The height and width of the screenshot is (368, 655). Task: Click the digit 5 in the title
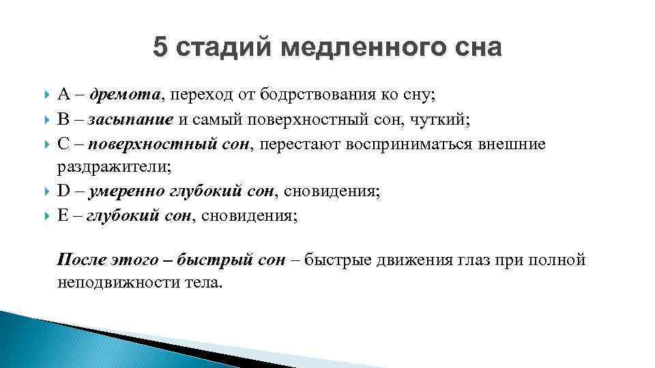(x=160, y=47)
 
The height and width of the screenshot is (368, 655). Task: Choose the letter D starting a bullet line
(x=63, y=191)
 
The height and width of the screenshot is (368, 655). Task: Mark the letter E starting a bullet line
(x=63, y=216)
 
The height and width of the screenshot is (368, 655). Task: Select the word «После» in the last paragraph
(x=79, y=260)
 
